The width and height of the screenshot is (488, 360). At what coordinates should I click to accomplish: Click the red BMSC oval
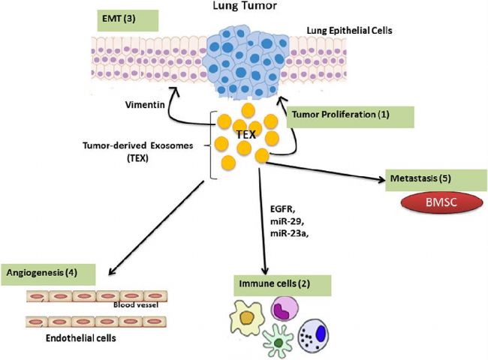click(442, 202)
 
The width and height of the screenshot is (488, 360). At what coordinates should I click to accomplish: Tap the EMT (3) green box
click(128, 20)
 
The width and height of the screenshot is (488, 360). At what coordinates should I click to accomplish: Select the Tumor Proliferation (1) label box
click(350, 117)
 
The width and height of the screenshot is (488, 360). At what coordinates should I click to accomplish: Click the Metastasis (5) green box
click(436, 180)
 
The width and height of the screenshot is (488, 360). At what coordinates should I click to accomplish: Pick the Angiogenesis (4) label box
click(48, 274)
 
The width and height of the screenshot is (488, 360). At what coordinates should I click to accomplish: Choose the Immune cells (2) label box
click(282, 286)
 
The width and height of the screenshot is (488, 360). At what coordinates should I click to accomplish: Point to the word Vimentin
click(145, 105)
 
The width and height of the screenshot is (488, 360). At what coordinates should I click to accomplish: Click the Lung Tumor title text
click(245, 5)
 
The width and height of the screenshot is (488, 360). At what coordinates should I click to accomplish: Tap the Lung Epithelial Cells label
click(350, 31)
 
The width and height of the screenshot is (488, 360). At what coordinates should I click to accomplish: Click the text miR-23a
click(290, 233)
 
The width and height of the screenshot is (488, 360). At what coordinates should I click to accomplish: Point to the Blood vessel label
click(136, 305)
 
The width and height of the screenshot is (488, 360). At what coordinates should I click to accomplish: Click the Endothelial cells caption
click(81, 338)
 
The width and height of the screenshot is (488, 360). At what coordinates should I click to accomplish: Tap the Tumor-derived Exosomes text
click(138, 145)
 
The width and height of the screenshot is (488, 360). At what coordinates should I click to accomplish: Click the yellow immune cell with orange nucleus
click(246, 317)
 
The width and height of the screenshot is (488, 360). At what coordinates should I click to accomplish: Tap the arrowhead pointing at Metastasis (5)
click(382, 179)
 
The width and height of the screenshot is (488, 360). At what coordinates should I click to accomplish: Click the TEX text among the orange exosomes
click(246, 134)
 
